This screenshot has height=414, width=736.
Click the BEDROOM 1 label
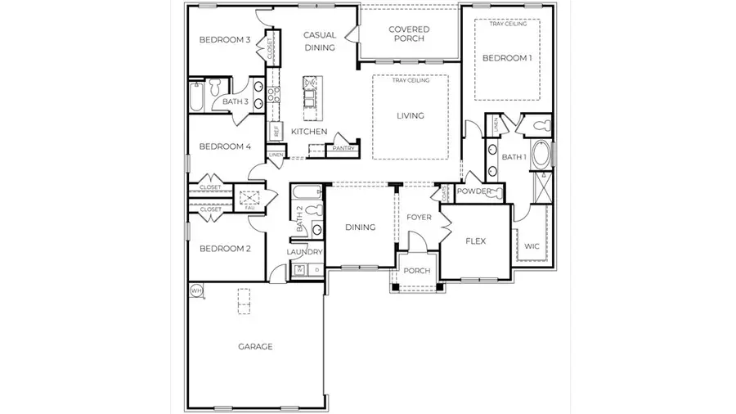[x=507, y=58]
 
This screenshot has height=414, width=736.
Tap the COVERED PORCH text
[x=411, y=34]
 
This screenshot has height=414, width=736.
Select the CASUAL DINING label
[x=320, y=41]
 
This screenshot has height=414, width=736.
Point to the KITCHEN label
[x=310, y=132]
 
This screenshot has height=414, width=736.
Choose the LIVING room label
[x=411, y=115]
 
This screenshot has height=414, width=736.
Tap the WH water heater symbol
[x=196, y=290]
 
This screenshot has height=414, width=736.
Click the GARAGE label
[x=255, y=346]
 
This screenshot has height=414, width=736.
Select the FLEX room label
[x=477, y=241]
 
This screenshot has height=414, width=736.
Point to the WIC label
[x=532, y=245]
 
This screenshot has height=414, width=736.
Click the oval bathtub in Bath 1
[x=542, y=155]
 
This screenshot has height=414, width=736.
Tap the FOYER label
[x=420, y=217]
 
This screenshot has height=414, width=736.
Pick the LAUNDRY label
[x=305, y=253]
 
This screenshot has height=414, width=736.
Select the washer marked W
[x=299, y=269]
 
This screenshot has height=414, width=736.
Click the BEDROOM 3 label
[x=225, y=40]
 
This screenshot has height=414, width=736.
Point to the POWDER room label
[x=474, y=191]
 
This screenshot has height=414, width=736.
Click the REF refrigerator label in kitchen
[x=276, y=131]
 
